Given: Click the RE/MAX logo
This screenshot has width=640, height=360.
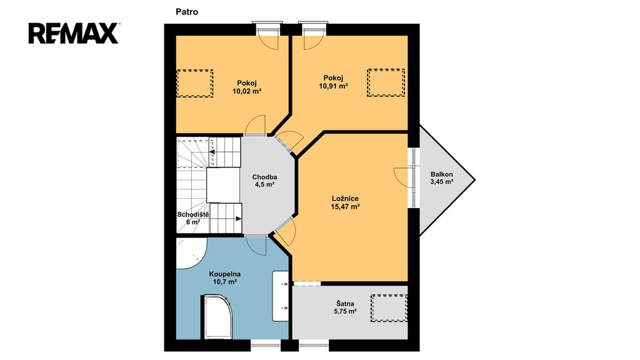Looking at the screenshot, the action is [74, 34].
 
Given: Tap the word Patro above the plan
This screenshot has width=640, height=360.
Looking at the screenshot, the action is [187, 12].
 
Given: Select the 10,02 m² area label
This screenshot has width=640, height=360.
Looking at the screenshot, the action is [247, 91].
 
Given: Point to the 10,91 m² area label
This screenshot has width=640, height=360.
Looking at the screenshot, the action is [334, 86].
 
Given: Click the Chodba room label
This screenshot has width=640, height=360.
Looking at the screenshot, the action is [264, 177].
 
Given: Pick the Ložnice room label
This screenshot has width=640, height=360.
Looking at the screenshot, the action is [345, 199].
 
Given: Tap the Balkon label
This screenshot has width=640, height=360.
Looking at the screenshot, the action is [442, 174].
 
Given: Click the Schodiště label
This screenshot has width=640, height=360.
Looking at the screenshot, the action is [193, 215].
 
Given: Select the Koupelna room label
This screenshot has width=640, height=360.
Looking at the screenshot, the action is [225, 274].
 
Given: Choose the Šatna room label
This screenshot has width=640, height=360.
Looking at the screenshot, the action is [345, 304].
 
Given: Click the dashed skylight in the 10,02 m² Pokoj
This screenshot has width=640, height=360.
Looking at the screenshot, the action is [195, 83].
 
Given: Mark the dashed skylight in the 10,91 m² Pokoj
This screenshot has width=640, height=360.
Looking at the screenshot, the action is [386, 82].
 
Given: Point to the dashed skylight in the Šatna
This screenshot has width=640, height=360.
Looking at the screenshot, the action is [389, 308].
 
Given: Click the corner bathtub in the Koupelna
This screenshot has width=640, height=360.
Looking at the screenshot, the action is [217, 317].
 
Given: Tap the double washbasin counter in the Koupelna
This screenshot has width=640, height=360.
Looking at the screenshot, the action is [281, 296].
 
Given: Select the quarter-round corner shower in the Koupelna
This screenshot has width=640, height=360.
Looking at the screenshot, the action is [192, 253].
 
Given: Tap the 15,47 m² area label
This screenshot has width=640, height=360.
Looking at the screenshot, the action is [345, 207].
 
